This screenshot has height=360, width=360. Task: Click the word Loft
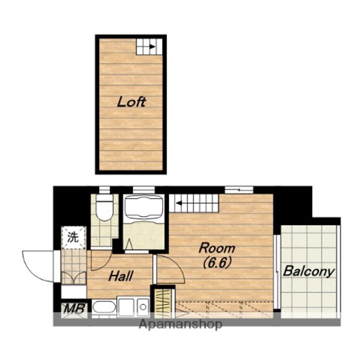coord(131,102)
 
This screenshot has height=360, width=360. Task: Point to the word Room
coord(217,248)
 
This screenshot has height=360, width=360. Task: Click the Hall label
coord(121,276)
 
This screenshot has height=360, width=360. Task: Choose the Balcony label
coord(308,271)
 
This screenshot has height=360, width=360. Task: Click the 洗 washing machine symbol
coord(73,237)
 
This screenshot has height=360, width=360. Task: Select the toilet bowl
coord(104,208)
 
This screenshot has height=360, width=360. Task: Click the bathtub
coord(143,206)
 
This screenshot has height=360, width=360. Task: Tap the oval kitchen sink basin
coord(104,307)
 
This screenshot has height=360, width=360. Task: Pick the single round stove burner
coord(143,307)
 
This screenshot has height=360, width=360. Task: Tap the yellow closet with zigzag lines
coord(162,302)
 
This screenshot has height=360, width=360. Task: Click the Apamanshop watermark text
coord(180,324)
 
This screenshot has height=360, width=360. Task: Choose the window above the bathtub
coord(143,189)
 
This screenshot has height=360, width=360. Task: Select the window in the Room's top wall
coord(239,190)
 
